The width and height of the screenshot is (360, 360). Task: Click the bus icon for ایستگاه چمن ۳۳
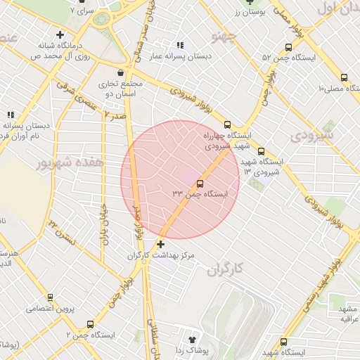(200, 184)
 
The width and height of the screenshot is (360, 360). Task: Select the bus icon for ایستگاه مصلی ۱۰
(343, 78)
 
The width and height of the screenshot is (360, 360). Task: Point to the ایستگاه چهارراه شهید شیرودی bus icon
(226, 124)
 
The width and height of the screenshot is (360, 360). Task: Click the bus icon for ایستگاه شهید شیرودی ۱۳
(261, 151)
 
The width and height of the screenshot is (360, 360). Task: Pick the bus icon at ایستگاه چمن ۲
(90, 324)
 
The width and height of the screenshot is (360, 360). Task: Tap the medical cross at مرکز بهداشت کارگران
(161, 245)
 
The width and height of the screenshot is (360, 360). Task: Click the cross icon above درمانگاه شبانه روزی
(60, 34)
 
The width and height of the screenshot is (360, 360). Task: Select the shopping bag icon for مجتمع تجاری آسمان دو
(121, 72)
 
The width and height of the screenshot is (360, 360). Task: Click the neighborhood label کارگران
(224, 269)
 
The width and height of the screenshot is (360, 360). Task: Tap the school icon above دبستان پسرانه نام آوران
(10, 115)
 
